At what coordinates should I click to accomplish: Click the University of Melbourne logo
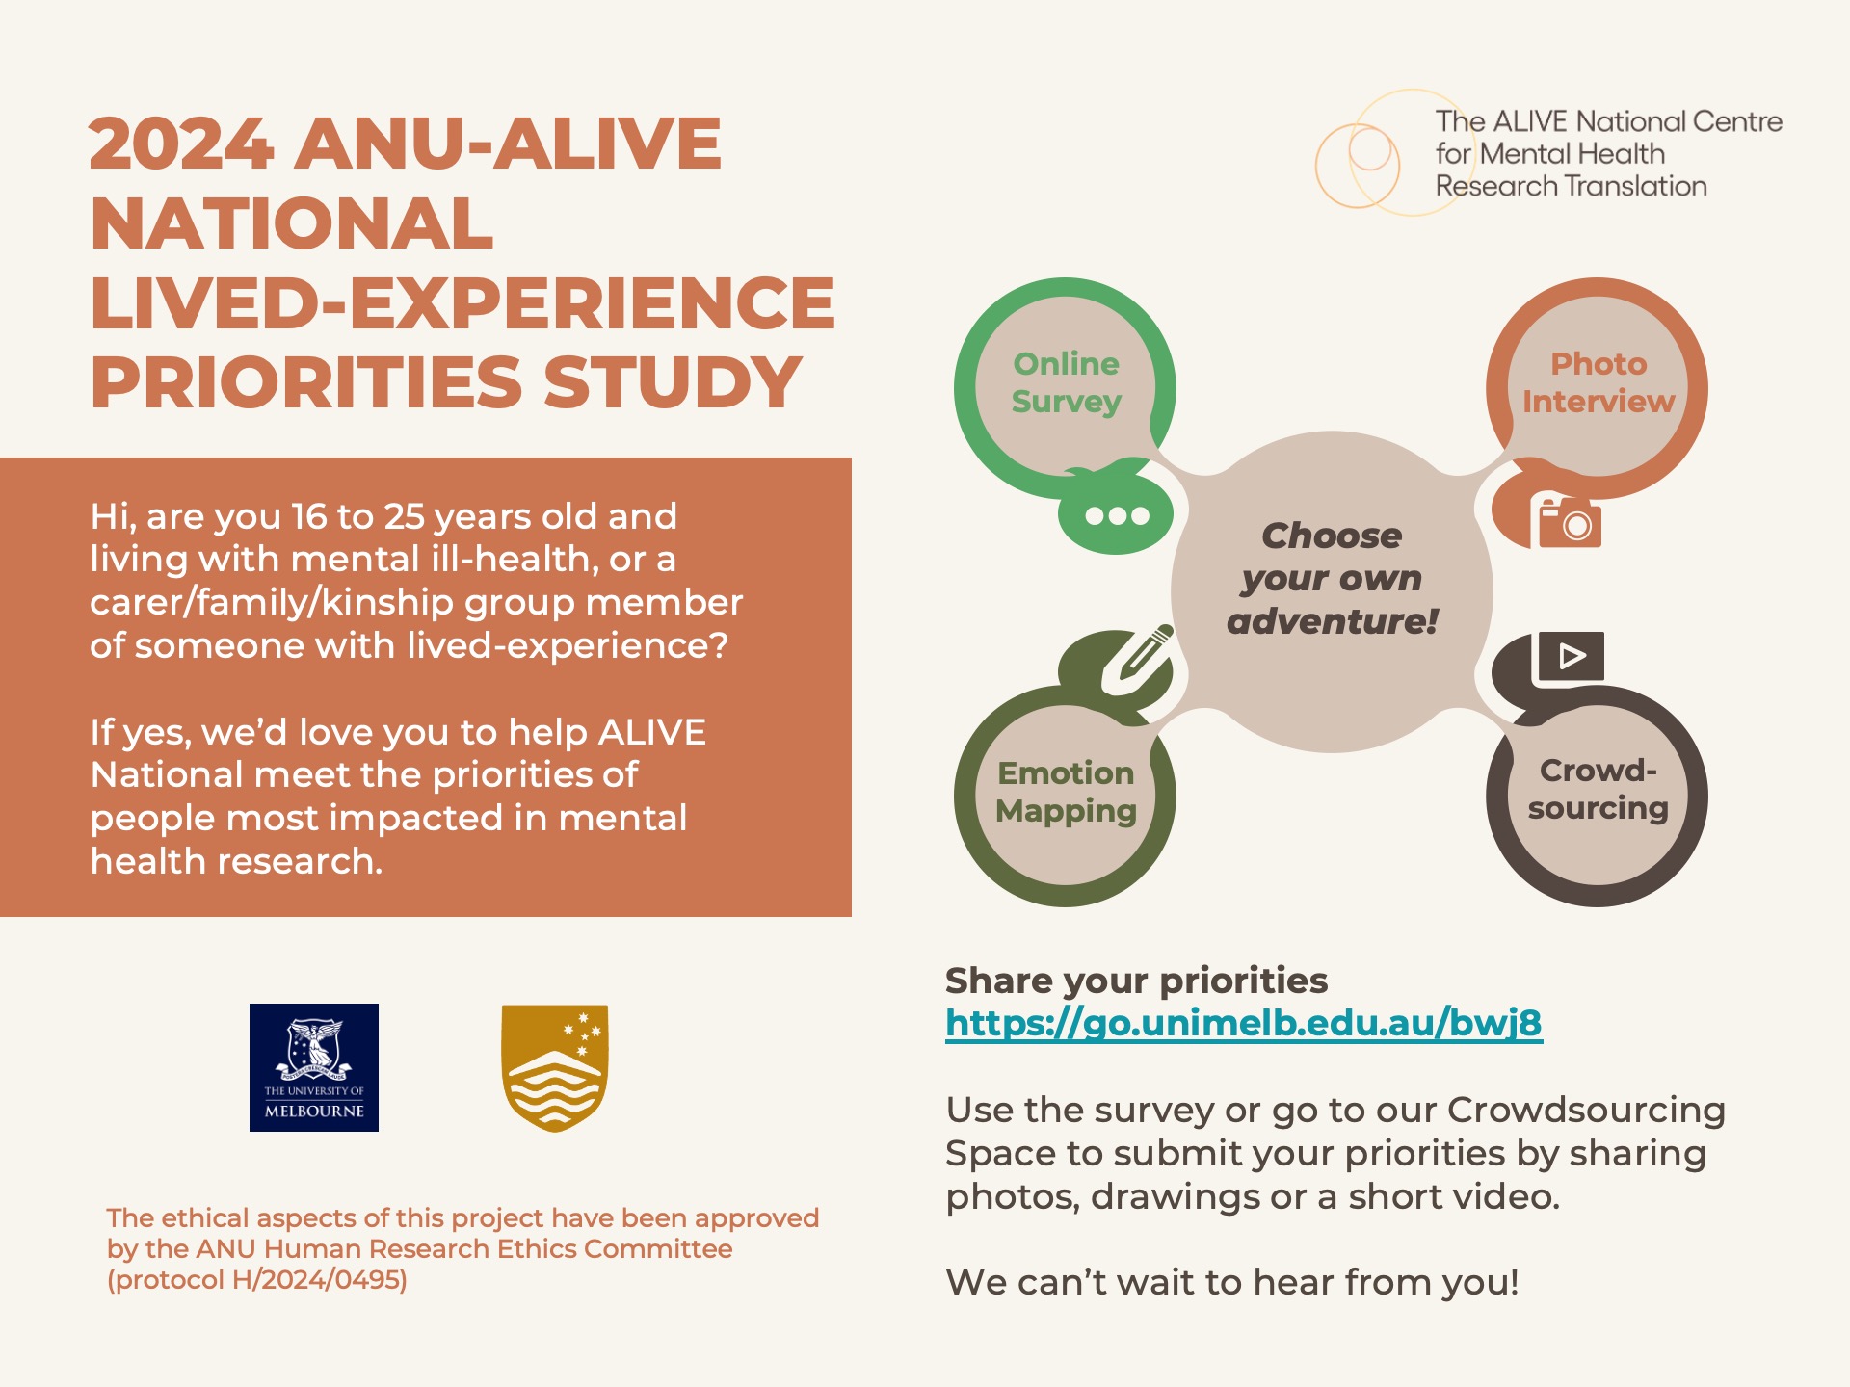pos(314,1067)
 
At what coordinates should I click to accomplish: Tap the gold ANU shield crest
pos(555,1068)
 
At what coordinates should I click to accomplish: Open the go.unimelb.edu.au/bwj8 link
pos(1244,1023)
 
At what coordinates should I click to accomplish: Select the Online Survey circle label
pos(1066,382)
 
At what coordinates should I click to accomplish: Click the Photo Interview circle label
pos(1599,382)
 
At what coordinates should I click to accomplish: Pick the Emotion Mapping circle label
pos(1066,792)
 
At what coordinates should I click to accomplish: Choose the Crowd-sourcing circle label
pos(1599,789)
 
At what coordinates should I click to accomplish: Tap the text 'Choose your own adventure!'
pos(1332,579)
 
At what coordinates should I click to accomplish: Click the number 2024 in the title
pos(181,144)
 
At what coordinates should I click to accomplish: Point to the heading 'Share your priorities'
pos(1136,981)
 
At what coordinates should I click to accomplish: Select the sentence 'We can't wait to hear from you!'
pos(1232,1283)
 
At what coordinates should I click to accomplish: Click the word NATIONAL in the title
pos(292,223)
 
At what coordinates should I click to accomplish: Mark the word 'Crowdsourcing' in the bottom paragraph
pos(1586,1111)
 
